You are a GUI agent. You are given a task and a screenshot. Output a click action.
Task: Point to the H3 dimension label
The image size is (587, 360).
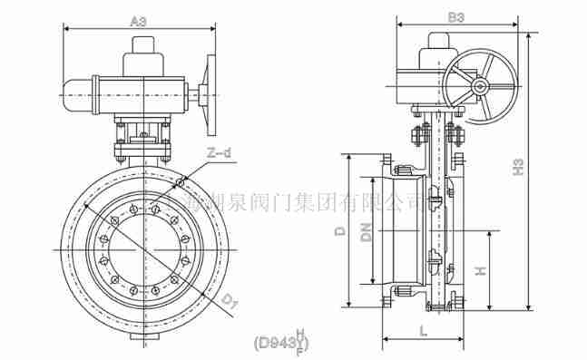(518, 168)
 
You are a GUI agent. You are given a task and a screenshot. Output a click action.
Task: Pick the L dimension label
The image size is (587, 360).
(424, 332)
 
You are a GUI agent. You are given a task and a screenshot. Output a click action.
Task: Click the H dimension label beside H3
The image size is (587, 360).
(482, 270)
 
